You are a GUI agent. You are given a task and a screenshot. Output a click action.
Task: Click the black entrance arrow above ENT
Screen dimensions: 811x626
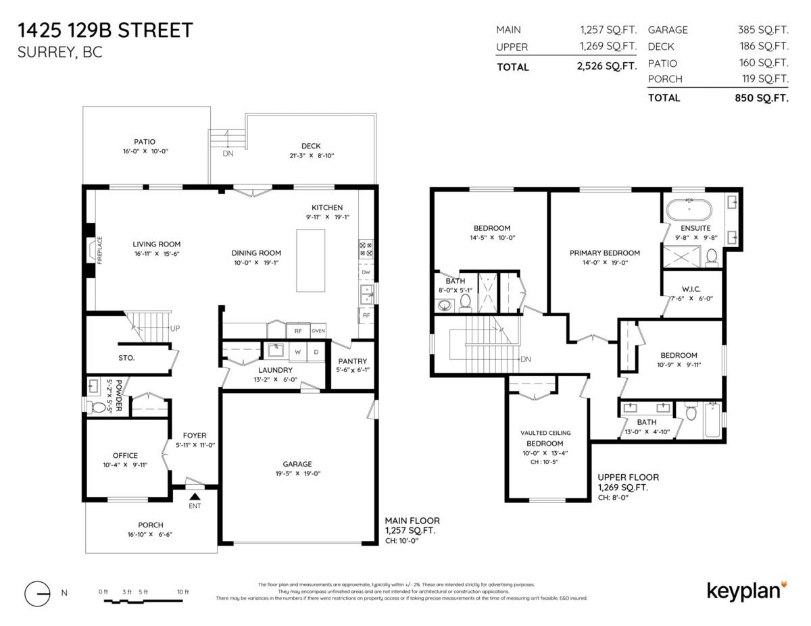click(x=195, y=496)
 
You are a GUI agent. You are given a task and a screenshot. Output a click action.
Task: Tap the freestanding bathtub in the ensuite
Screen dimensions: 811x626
click(x=689, y=209)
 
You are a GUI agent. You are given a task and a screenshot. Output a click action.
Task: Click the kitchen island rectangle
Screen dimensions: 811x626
click(x=310, y=260)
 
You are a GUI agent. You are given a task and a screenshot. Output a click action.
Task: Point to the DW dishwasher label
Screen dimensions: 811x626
click(x=366, y=272)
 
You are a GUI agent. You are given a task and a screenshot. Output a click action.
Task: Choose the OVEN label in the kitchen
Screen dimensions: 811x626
click(x=318, y=331)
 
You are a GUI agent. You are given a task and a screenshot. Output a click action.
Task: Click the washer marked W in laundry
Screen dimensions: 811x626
click(x=297, y=352)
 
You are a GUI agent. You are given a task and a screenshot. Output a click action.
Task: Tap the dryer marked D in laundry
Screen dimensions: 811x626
click(x=316, y=352)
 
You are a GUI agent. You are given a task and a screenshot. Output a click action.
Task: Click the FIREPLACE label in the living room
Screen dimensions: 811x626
click(x=99, y=250)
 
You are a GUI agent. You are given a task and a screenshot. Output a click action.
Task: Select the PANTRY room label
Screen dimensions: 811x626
click(x=352, y=361)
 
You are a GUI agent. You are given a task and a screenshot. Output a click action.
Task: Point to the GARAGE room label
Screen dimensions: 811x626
click(x=297, y=464)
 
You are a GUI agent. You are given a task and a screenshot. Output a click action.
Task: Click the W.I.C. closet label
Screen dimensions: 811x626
click(x=691, y=289)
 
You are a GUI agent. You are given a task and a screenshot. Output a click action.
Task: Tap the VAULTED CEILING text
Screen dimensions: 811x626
click(x=545, y=433)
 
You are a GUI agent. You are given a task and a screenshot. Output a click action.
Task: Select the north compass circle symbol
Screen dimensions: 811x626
click(x=37, y=594)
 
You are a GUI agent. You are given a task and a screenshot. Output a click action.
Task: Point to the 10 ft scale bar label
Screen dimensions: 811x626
click(x=183, y=592)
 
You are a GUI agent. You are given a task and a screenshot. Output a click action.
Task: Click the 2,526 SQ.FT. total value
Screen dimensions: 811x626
click(x=607, y=66)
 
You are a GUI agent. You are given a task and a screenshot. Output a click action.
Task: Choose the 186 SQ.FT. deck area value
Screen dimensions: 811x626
click(x=764, y=46)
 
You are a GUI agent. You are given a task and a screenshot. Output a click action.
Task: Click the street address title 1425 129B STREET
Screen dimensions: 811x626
click(x=105, y=30)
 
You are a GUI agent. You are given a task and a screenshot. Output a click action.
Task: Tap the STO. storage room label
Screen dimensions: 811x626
click(x=126, y=358)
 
